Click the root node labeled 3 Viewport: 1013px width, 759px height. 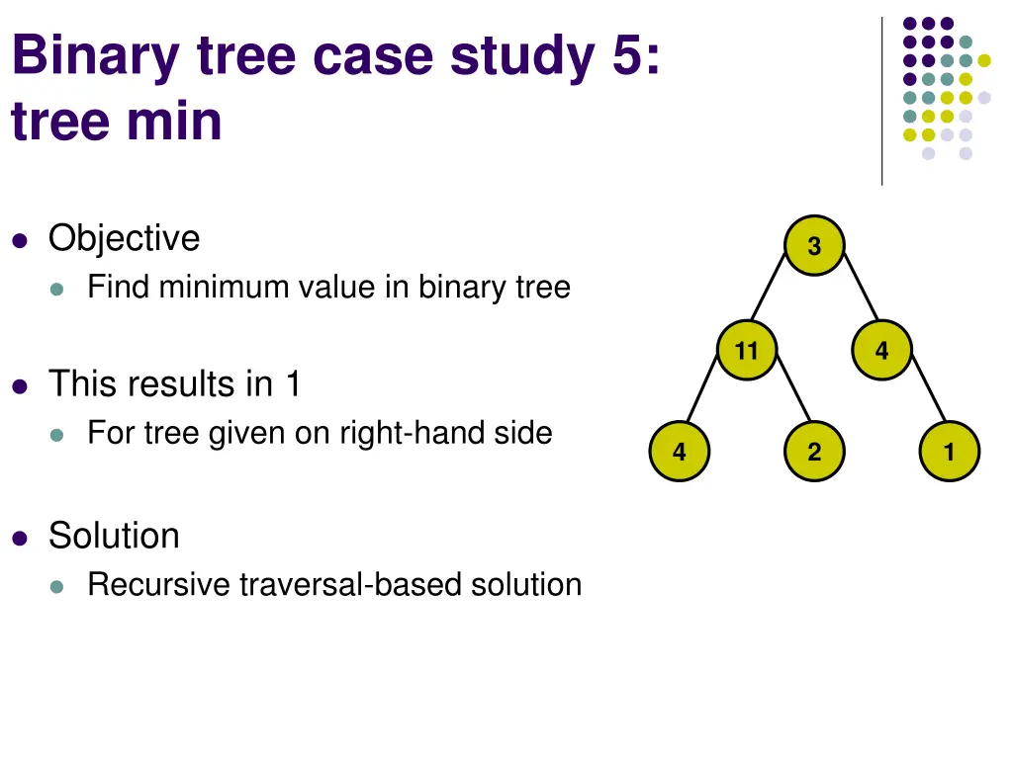coord(814,246)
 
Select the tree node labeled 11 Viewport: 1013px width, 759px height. coord(747,350)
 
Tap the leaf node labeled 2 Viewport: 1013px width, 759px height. coord(814,453)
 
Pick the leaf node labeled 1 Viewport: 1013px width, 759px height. coord(949,453)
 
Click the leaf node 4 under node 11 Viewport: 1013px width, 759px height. coord(680,453)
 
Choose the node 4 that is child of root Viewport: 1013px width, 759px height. coord(881,350)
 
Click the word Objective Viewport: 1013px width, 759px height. coord(124,238)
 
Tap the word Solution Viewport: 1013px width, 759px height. coord(114,536)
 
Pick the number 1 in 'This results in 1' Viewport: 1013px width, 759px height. coord(292,383)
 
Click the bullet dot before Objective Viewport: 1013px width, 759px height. coord(20,239)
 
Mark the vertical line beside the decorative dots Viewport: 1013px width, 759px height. coord(881,99)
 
